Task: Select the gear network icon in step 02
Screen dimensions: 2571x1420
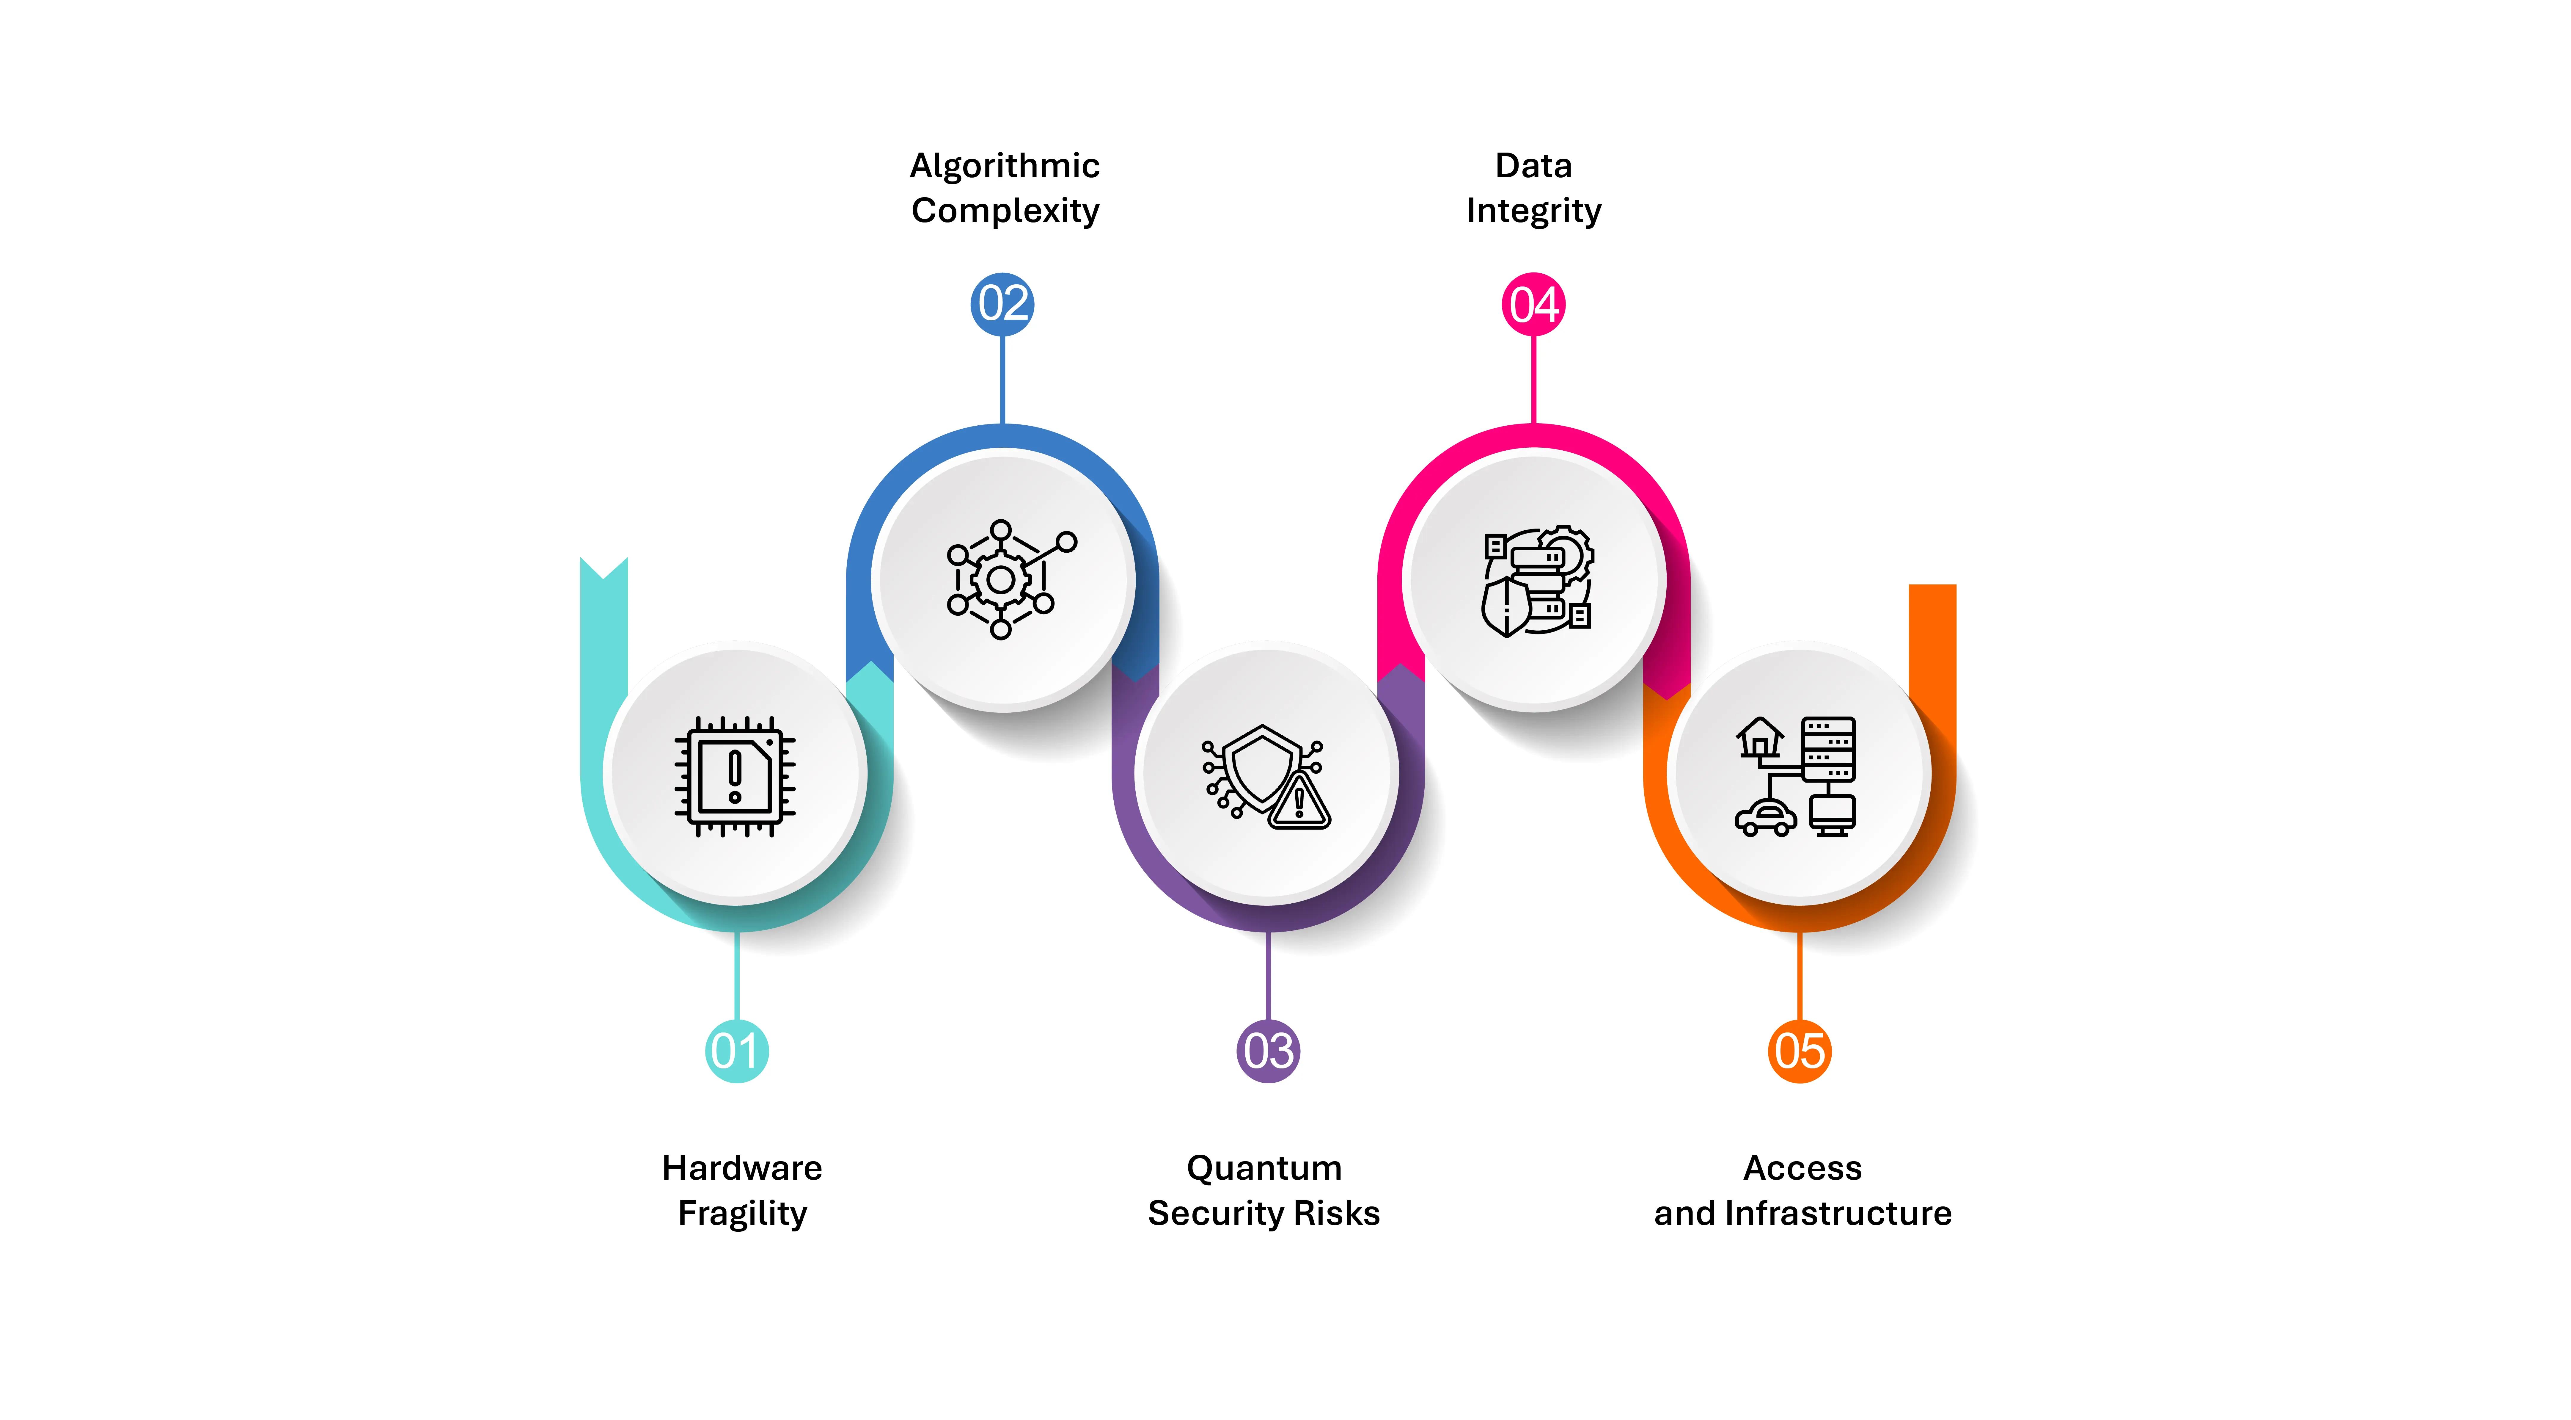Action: click(x=1010, y=579)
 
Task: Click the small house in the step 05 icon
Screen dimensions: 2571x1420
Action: click(x=1760, y=739)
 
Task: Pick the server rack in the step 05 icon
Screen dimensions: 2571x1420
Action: click(x=1828, y=749)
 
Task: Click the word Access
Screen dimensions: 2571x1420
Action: click(x=1802, y=1168)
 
